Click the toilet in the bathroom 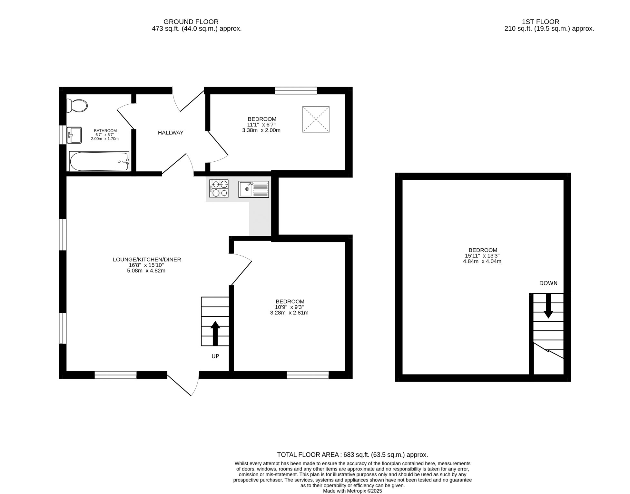point(77,106)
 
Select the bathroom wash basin point(74,135)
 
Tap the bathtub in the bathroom point(99,162)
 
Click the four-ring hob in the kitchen point(219,188)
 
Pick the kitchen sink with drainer point(254,189)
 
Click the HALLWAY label point(171,133)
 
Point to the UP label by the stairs point(215,356)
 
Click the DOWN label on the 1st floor point(548,283)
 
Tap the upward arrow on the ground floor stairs point(215,333)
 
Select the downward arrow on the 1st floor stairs point(548,306)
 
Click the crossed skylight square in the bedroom point(316,119)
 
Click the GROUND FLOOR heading point(191,22)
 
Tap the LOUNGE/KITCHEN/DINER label point(147,260)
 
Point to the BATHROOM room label point(105,131)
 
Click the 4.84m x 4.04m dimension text point(482,261)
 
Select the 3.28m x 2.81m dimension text point(290,313)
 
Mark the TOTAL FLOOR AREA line point(353,455)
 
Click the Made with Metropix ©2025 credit point(353,491)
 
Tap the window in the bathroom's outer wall point(63,135)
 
